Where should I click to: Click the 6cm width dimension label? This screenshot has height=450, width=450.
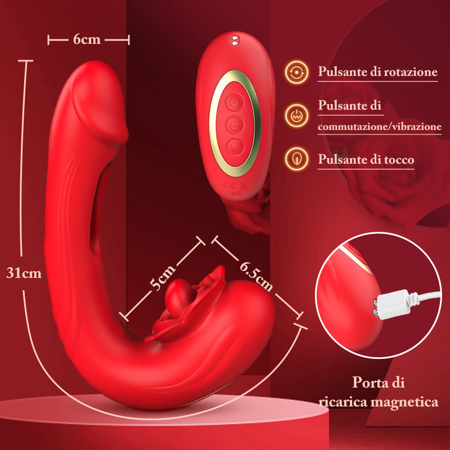87,39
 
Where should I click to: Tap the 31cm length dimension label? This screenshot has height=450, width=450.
24,273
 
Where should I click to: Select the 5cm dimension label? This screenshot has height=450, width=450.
163,277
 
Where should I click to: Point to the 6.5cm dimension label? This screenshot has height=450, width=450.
256,276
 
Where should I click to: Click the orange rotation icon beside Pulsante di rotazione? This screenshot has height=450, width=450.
297,72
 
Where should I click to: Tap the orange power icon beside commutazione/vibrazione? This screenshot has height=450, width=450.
297,116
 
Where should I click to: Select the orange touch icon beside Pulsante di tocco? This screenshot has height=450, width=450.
297,159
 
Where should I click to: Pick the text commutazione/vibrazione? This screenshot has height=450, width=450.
379,126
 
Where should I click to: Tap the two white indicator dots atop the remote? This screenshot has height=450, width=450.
235,40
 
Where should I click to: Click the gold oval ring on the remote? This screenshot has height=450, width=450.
235,123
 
